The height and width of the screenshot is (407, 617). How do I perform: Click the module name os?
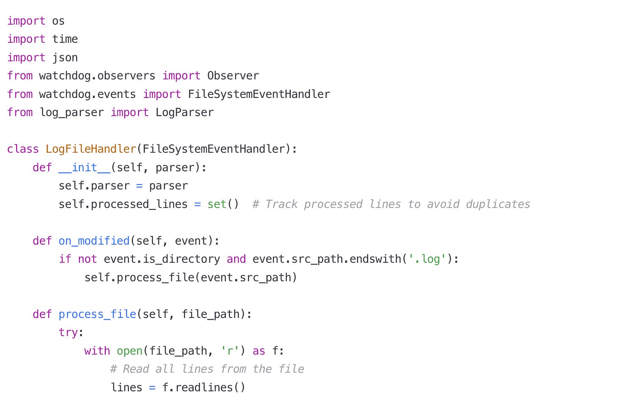tap(58, 21)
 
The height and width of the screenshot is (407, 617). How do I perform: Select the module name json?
tap(65, 58)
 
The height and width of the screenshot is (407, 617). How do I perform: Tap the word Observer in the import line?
tap(233, 76)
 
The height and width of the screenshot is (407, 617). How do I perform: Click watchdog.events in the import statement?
tap(87, 94)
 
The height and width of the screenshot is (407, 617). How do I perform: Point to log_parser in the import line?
tap(72, 112)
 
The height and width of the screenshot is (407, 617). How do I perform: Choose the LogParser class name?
tap(184, 112)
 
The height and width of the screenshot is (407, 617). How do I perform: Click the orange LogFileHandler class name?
tap(91, 149)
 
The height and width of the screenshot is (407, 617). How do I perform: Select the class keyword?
tap(23, 149)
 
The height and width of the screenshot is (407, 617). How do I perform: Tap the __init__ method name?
tap(84, 167)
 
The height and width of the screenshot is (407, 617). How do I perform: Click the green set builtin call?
tap(217, 204)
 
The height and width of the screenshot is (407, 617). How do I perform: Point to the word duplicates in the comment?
tap(498, 204)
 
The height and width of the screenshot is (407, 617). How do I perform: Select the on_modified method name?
tap(94, 241)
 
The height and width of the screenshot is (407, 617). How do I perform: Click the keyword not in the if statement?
tap(87, 259)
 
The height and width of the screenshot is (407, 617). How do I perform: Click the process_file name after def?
tap(97, 314)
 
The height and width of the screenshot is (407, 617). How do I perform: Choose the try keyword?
tap(68, 332)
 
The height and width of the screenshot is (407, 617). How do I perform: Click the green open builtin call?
tap(130, 351)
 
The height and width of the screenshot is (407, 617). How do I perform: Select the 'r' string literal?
tap(230, 351)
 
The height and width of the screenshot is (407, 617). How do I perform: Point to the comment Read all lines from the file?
tap(207, 369)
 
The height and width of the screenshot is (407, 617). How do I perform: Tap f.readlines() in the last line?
tap(203, 387)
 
